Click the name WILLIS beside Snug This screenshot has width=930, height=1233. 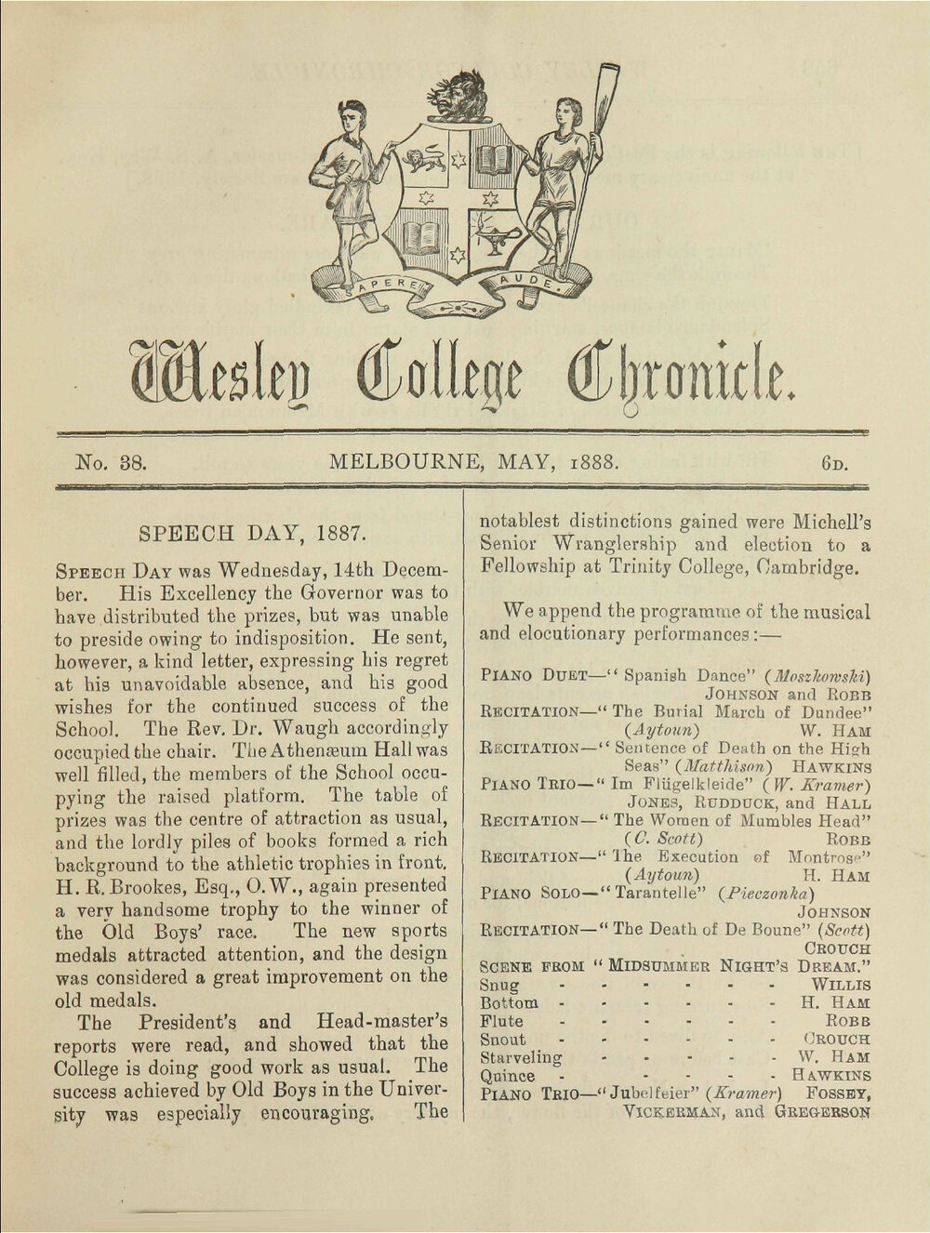[x=840, y=984]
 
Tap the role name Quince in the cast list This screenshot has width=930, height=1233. [x=507, y=1076]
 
